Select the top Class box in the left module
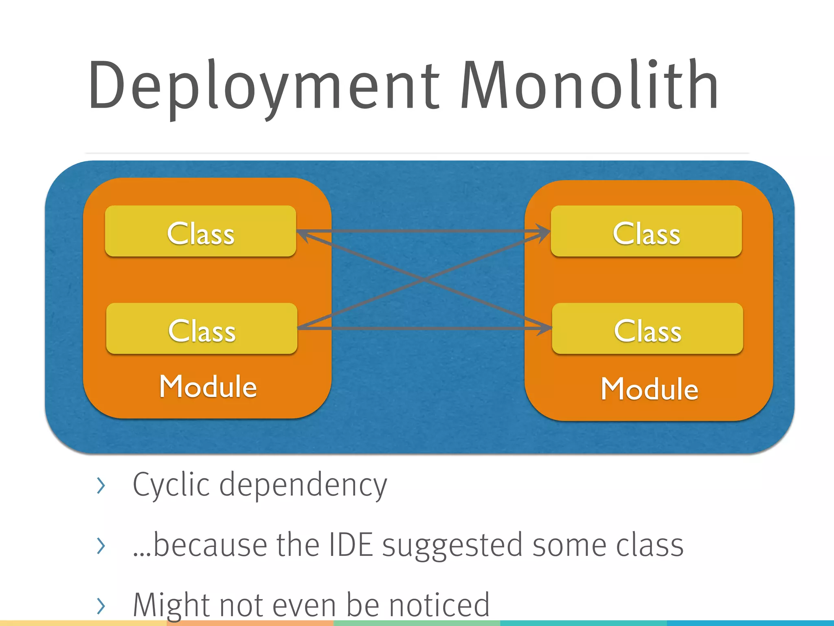point(200,231)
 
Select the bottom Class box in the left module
point(202,328)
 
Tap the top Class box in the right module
point(646,231)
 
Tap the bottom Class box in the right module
point(647,328)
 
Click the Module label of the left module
point(208,386)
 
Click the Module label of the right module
point(650,389)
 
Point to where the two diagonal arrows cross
point(424,280)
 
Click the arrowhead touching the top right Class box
point(544,232)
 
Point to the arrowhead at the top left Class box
point(304,234)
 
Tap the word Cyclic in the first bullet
point(171,485)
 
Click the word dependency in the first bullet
point(303,485)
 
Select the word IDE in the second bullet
point(350,545)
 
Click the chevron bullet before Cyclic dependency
point(101,485)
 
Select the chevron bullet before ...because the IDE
point(101,546)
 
